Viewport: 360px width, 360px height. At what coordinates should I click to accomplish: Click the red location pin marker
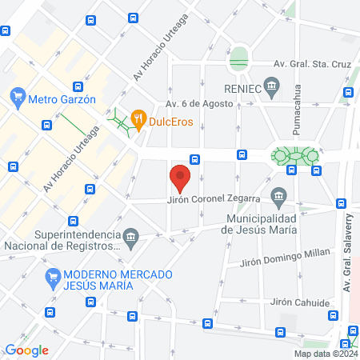180,178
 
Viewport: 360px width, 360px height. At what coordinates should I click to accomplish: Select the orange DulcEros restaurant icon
138,119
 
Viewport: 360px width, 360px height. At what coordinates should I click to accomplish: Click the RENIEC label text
243,88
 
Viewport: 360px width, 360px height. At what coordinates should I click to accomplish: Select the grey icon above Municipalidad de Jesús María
278,195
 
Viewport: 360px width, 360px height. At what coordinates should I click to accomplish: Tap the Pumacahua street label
297,112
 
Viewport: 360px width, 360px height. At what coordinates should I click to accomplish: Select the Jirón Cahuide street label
300,302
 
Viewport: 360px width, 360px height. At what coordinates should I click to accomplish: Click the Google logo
26,350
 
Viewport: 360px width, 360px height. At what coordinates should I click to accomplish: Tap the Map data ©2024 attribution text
326,354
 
